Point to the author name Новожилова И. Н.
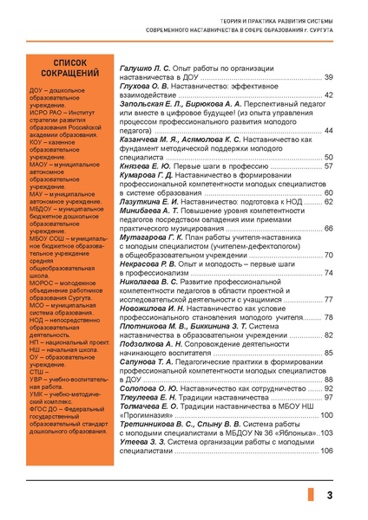click(153, 309)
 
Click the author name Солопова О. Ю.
click(145, 388)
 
